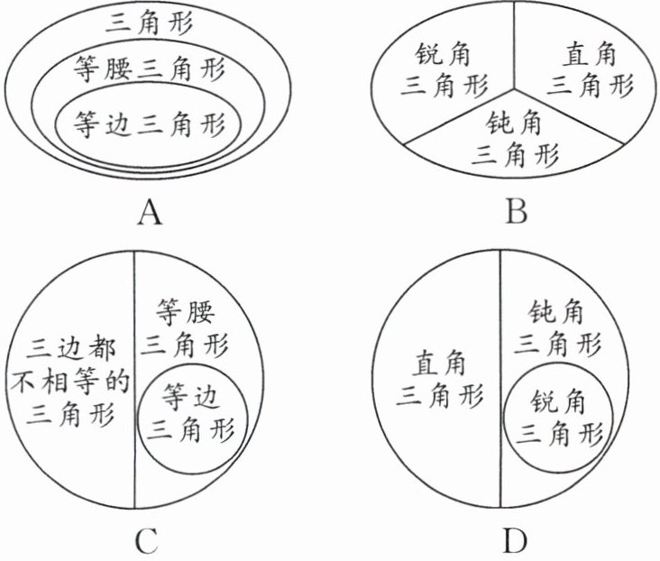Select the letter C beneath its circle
145,540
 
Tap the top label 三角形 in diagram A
151,22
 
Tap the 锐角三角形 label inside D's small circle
560,416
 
